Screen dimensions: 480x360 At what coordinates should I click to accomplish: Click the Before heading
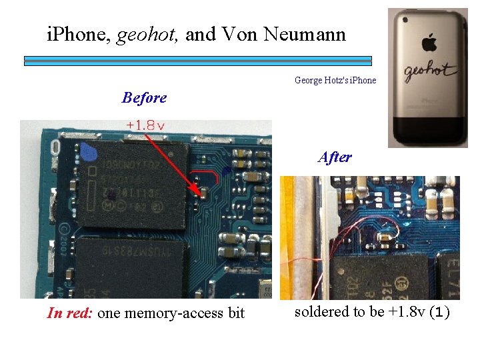pos(144,97)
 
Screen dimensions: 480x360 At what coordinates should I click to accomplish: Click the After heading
pos(335,157)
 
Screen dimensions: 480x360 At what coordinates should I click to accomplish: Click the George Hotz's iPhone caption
pos(335,80)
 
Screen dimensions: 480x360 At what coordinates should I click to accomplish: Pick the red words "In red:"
pos(70,313)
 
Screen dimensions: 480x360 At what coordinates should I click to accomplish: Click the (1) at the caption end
pos(438,312)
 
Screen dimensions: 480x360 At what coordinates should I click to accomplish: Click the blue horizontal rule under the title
pos(197,60)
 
